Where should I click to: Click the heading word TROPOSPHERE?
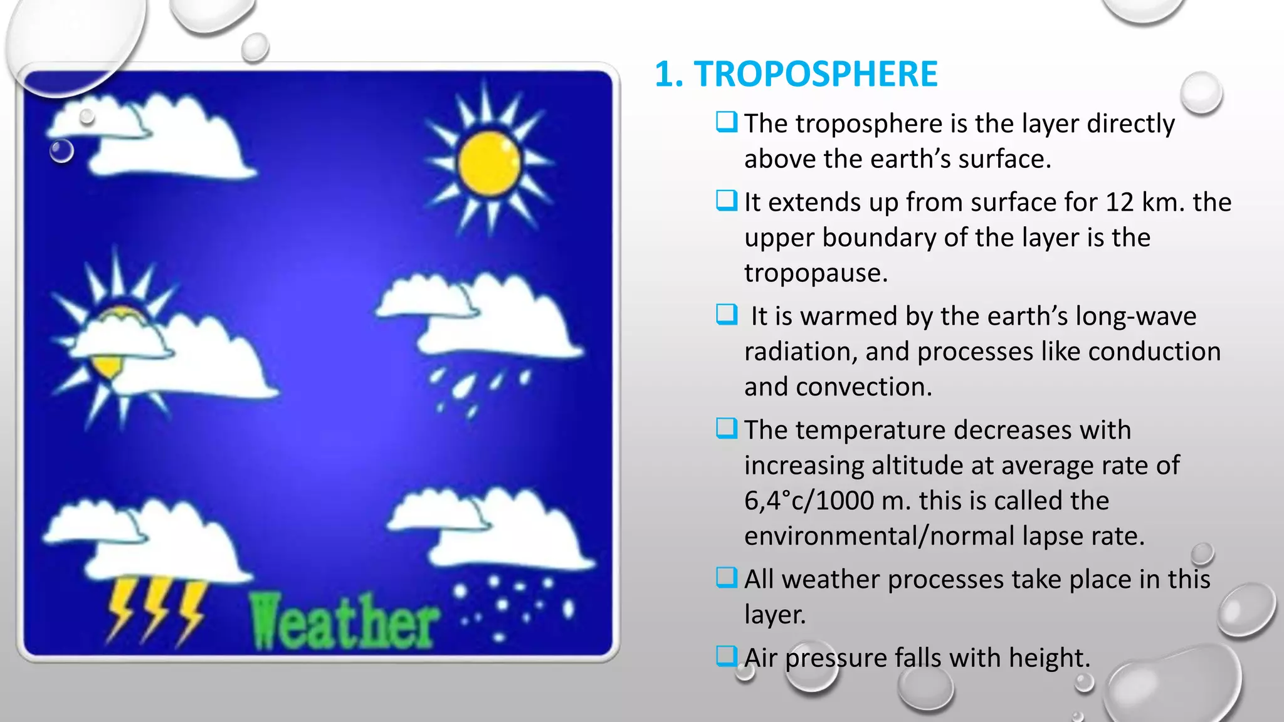(x=815, y=74)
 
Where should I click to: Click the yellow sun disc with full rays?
(x=489, y=162)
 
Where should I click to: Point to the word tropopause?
(x=815, y=273)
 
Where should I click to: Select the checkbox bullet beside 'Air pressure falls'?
(x=727, y=656)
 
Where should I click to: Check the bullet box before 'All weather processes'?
(x=727, y=577)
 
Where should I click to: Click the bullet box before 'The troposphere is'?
(x=727, y=122)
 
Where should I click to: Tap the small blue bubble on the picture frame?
(x=61, y=151)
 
